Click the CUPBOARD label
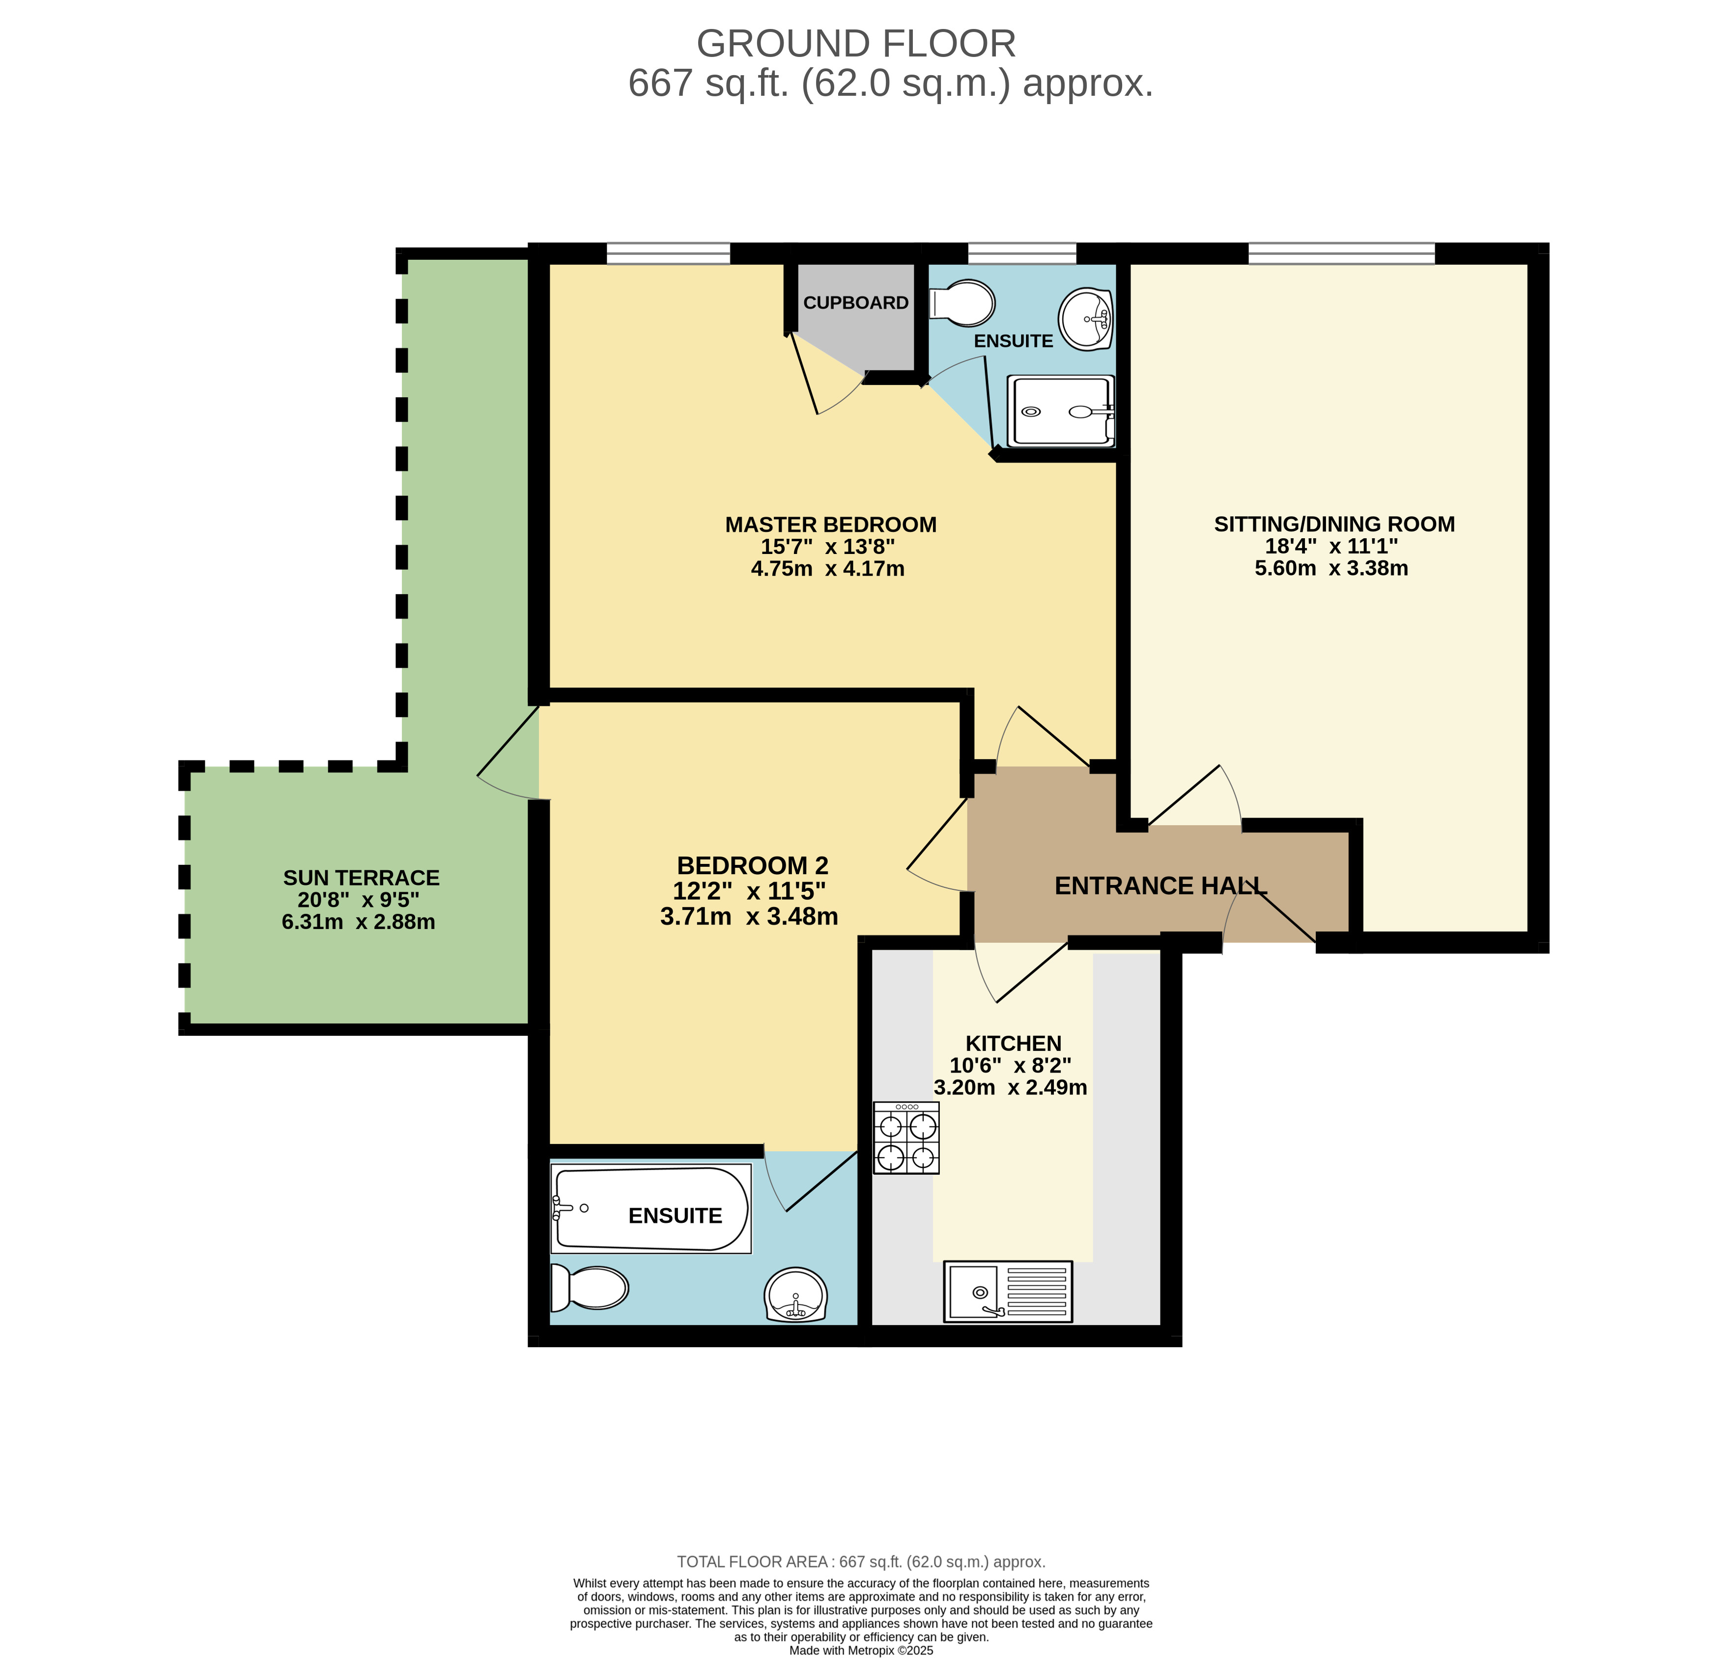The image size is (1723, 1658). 855,302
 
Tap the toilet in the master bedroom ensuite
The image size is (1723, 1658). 961,303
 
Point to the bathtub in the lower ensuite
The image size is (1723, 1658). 650,1209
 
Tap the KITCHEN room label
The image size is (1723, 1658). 1014,1044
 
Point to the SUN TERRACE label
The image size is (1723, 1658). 361,878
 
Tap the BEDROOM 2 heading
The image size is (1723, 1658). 753,865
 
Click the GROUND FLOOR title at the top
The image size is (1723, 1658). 856,44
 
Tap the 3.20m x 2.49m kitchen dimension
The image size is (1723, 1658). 1010,1088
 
